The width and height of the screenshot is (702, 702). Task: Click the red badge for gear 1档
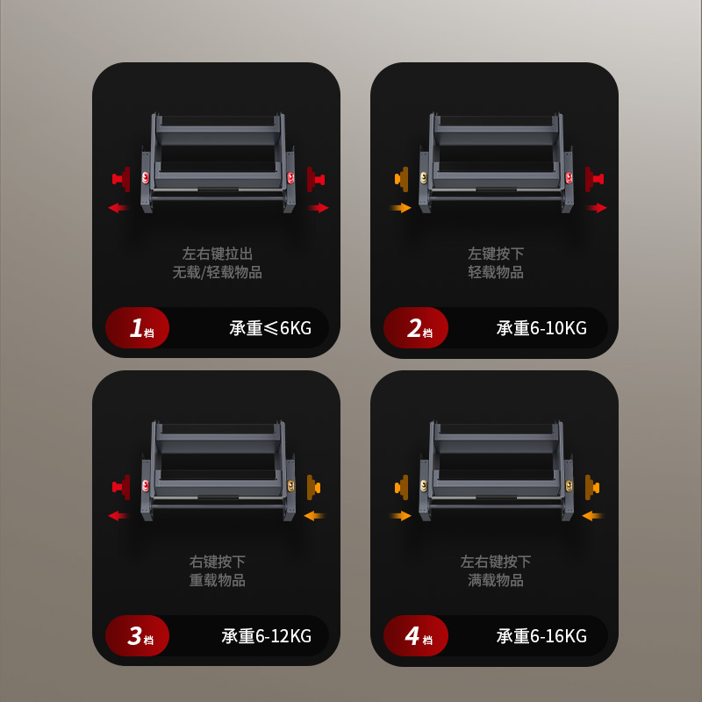138,327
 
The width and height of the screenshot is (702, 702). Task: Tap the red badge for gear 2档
416,327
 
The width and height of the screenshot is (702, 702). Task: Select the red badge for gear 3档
138,635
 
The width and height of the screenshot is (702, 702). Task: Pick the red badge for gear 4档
416,635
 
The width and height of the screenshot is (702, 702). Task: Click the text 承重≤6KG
270,328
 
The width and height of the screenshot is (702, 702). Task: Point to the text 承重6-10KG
541,328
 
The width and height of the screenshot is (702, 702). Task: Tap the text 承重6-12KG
267,636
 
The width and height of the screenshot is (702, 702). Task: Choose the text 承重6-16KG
541,636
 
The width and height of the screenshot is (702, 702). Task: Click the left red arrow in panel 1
119,208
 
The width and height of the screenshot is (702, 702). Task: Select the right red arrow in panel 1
318,208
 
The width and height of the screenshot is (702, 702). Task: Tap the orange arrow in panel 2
401,208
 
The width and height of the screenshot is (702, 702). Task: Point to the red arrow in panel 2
597,208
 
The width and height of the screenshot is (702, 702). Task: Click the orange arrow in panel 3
315,516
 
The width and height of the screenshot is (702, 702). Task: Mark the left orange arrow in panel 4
401,516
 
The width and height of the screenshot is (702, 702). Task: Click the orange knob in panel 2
402,179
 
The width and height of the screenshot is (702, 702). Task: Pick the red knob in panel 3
121,487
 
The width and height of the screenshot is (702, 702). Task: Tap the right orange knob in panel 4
592,487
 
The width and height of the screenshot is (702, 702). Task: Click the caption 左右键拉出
217,254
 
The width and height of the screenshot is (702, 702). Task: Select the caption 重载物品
217,580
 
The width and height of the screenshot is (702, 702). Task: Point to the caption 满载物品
496,580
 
